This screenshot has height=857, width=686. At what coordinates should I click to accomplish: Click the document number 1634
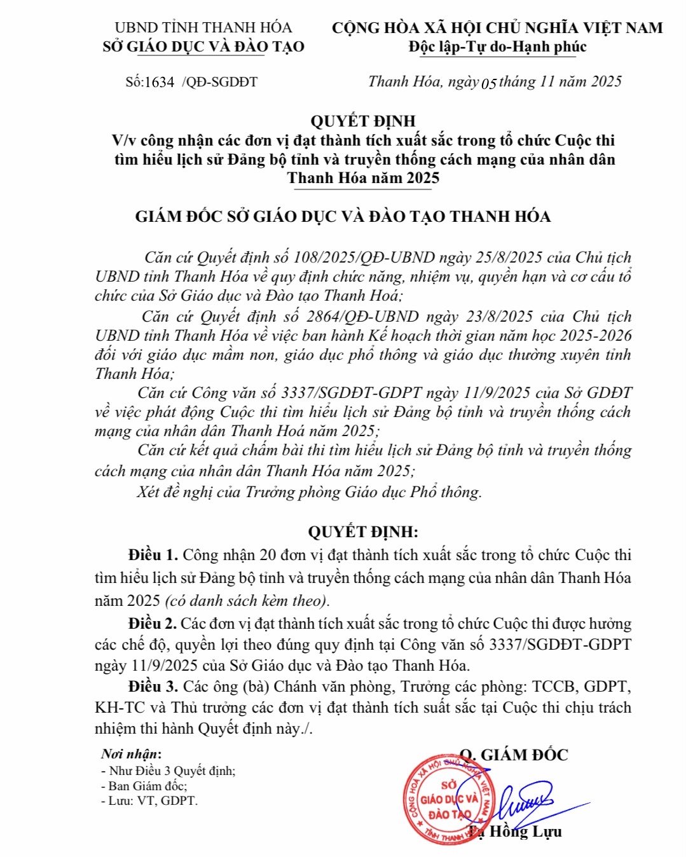pos(159,82)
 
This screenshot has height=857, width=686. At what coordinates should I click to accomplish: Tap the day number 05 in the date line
pos(489,83)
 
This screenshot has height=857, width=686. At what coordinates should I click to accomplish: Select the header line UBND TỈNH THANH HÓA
pos(203,28)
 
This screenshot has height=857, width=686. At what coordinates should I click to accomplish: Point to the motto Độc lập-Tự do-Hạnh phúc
pos(497,47)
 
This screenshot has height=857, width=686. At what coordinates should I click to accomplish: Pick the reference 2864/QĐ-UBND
pos(362,317)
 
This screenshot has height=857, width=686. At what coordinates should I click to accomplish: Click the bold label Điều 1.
pos(153,555)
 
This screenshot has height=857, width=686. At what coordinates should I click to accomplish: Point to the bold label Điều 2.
pos(153,624)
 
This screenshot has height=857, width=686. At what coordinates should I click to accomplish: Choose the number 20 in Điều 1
pos(268,555)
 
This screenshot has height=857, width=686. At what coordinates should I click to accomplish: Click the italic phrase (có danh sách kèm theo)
pos(247,601)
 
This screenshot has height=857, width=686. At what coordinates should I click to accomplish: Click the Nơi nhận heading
pos(131,754)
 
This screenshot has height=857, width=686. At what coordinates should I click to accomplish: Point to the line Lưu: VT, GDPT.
pos(150,801)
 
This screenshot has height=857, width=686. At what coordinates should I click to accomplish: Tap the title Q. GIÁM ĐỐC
pos(514,755)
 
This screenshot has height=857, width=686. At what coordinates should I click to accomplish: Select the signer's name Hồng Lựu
pos(525,832)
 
